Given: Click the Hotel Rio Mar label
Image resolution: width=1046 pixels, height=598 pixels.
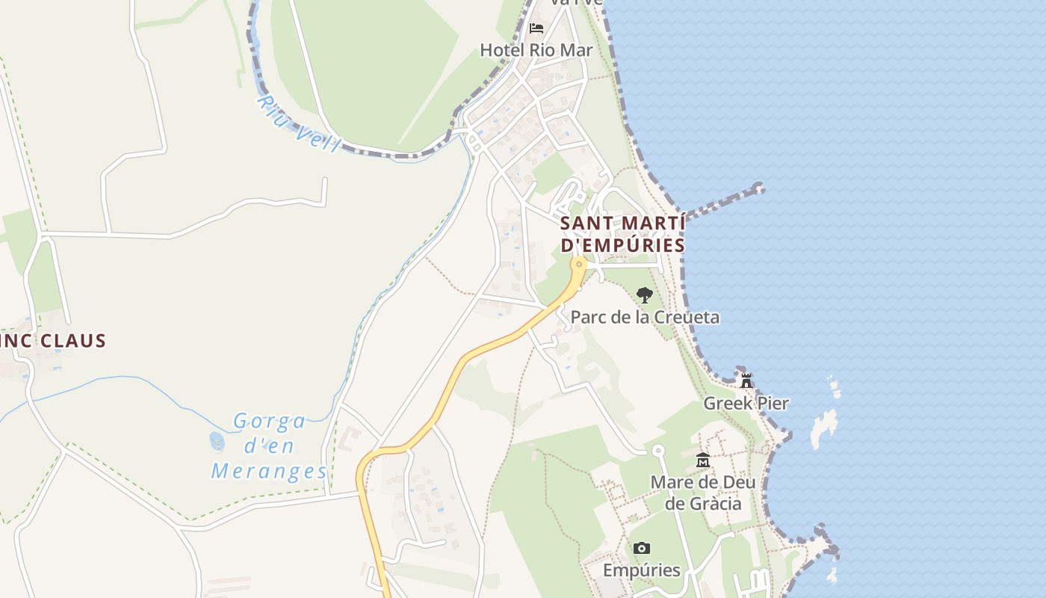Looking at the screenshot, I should click(x=536, y=50).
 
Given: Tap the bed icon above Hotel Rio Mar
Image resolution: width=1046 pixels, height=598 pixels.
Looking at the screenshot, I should click(x=536, y=28).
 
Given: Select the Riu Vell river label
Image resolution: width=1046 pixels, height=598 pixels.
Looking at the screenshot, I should click(x=297, y=123).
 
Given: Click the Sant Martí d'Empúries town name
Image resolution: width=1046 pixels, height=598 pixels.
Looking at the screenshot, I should click(x=622, y=234).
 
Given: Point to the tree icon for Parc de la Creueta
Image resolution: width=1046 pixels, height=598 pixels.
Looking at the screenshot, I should click(x=644, y=295).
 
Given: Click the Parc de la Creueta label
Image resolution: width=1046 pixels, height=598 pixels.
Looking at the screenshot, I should click(x=645, y=317).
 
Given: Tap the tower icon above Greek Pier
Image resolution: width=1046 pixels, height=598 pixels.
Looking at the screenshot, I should click(x=746, y=381).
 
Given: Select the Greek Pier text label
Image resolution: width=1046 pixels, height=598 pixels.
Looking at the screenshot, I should click(x=746, y=404).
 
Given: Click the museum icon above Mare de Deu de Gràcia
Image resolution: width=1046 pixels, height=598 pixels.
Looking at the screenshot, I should click(x=702, y=460).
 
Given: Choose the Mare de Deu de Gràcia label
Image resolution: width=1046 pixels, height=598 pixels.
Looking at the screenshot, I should click(x=702, y=493).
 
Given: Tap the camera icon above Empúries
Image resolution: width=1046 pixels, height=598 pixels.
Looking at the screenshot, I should click(x=641, y=549).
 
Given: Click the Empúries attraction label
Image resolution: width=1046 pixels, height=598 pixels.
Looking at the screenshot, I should click(x=641, y=570).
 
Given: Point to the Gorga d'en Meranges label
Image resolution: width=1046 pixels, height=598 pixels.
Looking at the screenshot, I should click(x=269, y=446).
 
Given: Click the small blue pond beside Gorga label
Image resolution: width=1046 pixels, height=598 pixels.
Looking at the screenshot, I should click(x=217, y=442).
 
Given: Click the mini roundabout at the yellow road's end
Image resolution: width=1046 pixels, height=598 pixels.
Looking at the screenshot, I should click(x=578, y=264).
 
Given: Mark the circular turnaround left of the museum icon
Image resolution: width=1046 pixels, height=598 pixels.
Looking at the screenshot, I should click(x=658, y=451).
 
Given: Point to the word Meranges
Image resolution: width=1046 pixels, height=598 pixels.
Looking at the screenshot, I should click(x=269, y=472).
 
